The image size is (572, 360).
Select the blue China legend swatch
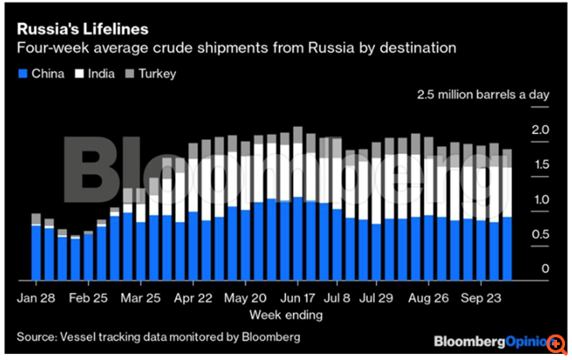click(23, 73)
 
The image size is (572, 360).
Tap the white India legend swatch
click(80, 73)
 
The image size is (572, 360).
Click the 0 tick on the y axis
click(546, 268)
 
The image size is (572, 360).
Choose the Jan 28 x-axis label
click(36, 298)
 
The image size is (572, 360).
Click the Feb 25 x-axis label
click(89, 298)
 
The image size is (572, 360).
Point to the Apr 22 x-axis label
click(195, 298)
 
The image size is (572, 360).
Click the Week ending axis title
click(287, 314)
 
